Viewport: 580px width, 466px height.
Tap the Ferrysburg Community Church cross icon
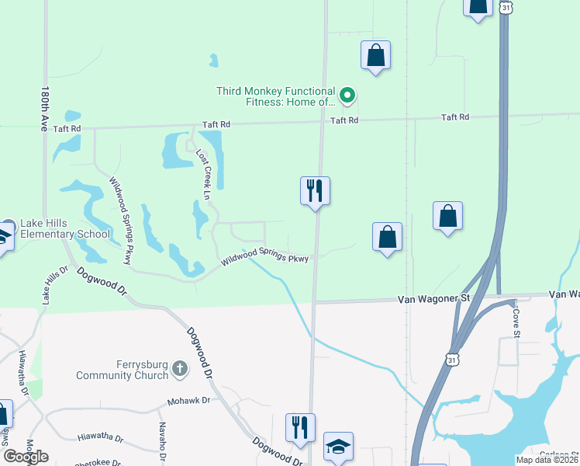click(x=179, y=369)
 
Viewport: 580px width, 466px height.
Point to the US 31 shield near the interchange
click(x=452, y=358)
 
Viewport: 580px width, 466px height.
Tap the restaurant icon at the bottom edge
click(x=300, y=427)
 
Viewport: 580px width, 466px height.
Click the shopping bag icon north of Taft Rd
click(x=375, y=55)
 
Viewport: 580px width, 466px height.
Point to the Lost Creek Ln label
click(x=202, y=175)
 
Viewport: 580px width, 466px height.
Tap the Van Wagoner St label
click(x=434, y=298)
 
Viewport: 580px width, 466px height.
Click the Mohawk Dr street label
click(x=188, y=402)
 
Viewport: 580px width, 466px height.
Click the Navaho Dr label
click(x=163, y=440)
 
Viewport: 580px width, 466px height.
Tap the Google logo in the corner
click(x=26, y=457)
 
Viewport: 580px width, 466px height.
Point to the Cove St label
click(x=516, y=323)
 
